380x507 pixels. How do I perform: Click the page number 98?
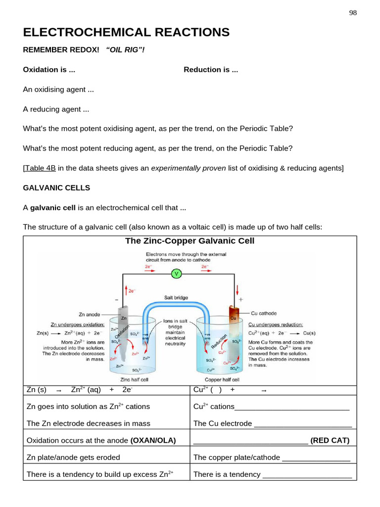click(x=353, y=13)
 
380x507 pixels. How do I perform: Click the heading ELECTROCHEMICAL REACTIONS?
click(x=126, y=33)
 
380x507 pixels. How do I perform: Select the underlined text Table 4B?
click(x=40, y=168)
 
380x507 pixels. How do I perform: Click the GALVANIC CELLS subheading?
click(x=56, y=188)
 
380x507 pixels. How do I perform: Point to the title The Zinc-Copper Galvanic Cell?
click(x=190, y=241)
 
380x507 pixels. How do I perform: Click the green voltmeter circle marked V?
click(x=176, y=273)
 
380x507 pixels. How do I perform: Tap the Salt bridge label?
click(x=176, y=298)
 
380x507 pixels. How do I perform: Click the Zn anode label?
click(x=91, y=314)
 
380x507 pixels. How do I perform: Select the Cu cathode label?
click(x=264, y=313)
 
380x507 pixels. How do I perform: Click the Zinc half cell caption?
click(x=131, y=380)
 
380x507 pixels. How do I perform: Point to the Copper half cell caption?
click(x=222, y=380)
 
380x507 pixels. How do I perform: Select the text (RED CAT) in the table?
click(x=330, y=440)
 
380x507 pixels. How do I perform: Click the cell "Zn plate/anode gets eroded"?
click(x=73, y=457)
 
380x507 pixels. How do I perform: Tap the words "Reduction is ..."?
click(x=211, y=70)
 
